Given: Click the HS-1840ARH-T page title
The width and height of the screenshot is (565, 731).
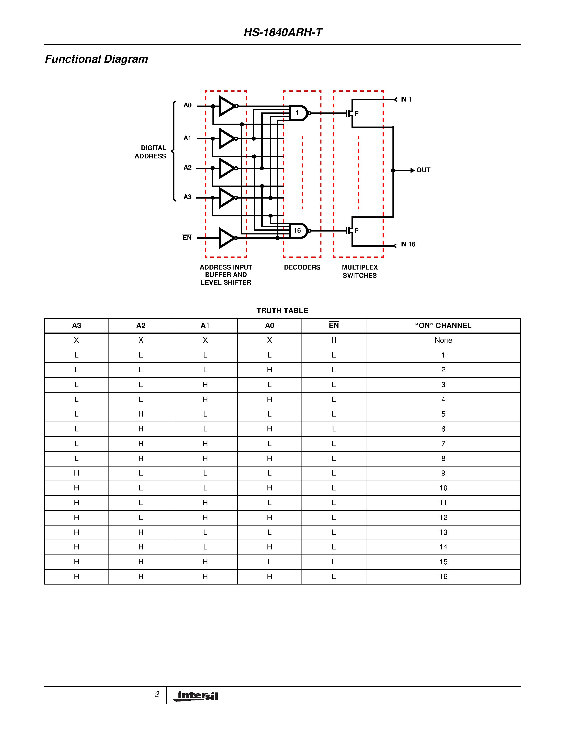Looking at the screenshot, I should (283, 32).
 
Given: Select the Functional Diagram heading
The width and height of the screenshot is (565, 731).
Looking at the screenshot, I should (97, 59).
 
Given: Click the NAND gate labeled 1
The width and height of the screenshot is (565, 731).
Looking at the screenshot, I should (298, 113).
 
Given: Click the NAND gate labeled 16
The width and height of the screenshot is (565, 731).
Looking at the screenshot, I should (298, 231).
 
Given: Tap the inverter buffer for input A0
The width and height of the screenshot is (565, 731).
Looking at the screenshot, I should (227, 106).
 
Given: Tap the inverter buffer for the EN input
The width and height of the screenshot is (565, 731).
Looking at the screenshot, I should (227, 238).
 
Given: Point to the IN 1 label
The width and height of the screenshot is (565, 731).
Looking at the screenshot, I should (406, 99).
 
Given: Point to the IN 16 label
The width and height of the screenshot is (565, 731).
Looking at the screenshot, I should (407, 244).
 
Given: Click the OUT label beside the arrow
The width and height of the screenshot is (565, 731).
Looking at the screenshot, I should (423, 170).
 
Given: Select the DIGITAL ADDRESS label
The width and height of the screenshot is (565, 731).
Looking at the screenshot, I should (150, 152).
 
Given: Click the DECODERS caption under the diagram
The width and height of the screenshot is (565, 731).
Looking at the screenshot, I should (302, 267).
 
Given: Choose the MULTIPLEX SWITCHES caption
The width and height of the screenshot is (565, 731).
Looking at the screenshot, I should (359, 271).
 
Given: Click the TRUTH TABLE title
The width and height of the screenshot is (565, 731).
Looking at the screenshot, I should (282, 310).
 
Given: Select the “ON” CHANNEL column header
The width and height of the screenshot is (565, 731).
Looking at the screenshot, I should (443, 326).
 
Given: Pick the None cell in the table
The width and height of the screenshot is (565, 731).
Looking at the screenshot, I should (443, 341).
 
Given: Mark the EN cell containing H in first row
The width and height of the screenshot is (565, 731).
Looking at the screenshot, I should (334, 341).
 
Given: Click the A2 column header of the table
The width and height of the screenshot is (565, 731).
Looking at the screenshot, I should (141, 326).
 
